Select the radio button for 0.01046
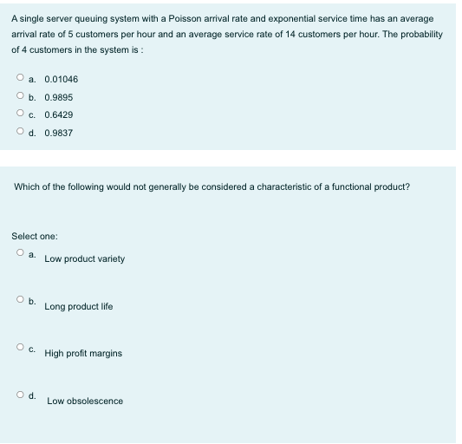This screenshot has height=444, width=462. point(18,79)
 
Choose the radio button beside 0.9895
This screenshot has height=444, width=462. point(18,97)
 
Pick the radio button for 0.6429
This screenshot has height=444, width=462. point(18,114)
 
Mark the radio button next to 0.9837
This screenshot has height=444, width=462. point(18,133)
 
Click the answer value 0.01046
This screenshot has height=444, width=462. point(61,80)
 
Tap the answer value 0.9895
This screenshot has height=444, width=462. point(58,97)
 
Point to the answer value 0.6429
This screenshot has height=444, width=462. point(58,115)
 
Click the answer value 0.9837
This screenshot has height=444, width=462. point(58,133)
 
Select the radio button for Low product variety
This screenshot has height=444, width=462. point(18,253)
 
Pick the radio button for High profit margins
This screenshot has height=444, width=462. point(18,348)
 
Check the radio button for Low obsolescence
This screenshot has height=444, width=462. point(18,395)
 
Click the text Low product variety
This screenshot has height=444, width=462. point(84,259)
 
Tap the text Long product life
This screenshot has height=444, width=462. point(78,306)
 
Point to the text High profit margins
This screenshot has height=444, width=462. point(83,354)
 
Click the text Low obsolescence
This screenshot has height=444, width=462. point(85,401)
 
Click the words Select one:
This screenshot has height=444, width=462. point(34,236)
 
